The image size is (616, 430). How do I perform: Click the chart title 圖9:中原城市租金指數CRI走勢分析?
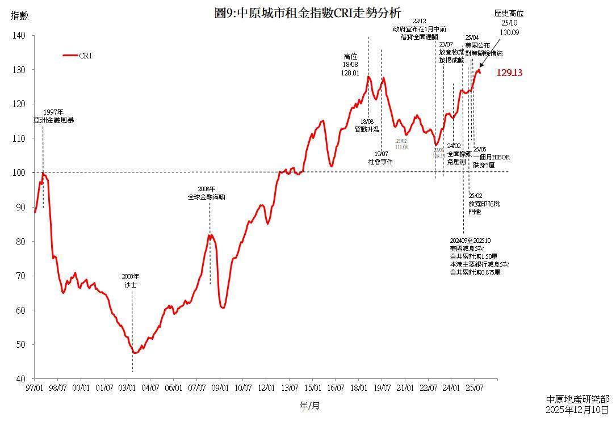pyautogui.click(x=308, y=13)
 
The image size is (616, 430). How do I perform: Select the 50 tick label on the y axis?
pyautogui.click(x=21, y=345)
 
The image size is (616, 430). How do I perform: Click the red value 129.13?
pyautogui.click(x=509, y=73)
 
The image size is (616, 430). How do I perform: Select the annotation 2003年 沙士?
pyautogui.click(x=131, y=280)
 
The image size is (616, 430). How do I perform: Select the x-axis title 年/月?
pyautogui.click(x=309, y=406)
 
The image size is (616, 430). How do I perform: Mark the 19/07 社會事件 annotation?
pyautogui.click(x=380, y=158)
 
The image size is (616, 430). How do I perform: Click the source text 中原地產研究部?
pyautogui.click(x=577, y=399)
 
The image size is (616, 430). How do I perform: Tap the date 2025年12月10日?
pyautogui.click(x=577, y=410)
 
